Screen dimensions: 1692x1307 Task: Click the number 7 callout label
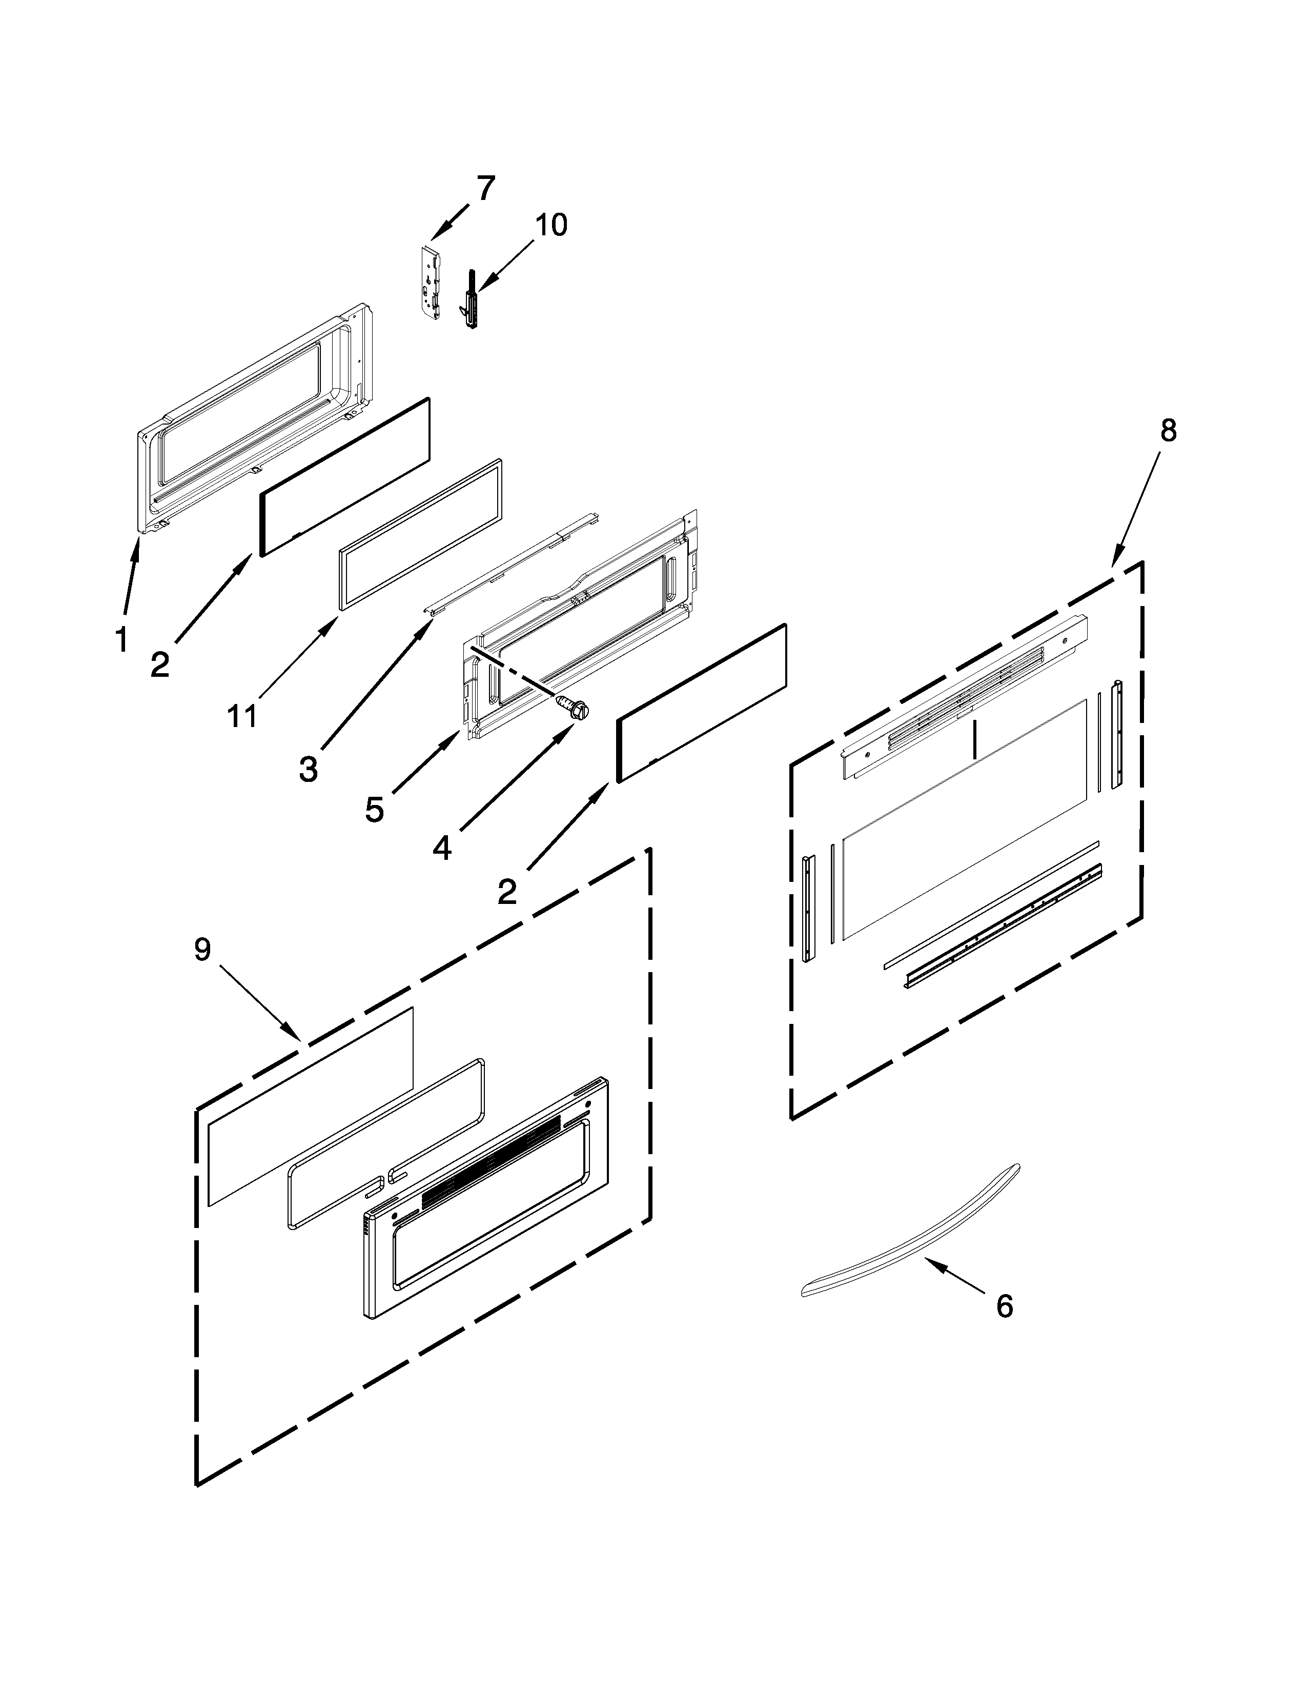(485, 188)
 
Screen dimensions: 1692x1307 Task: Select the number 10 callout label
(552, 225)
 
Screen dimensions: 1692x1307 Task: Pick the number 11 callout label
(242, 717)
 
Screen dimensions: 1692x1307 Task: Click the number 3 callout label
(308, 769)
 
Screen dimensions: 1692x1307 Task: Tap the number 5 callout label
(374, 810)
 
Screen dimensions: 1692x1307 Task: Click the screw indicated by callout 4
(571, 708)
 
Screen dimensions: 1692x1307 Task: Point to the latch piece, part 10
(469, 299)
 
